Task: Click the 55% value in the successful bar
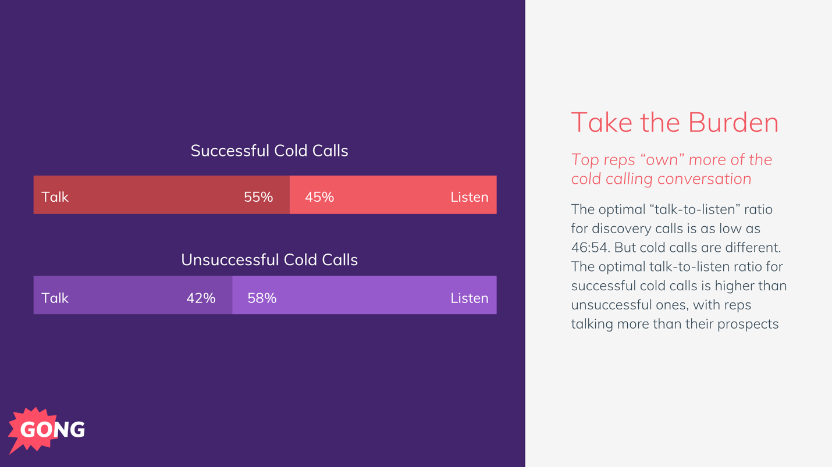tap(258, 197)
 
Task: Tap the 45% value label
tap(319, 197)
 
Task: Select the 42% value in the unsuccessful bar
tap(201, 298)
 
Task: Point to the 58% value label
tap(262, 298)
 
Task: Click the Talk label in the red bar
tap(55, 197)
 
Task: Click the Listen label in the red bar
tap(469, 197)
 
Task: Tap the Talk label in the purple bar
tap(55, 298)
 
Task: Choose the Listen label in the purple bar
tap(469, 298)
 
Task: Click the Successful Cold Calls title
tap(269, 151)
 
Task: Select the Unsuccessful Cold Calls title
tap(269, 259)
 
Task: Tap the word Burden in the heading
tap(733, 123)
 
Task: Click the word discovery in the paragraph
tap(625, 229)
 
